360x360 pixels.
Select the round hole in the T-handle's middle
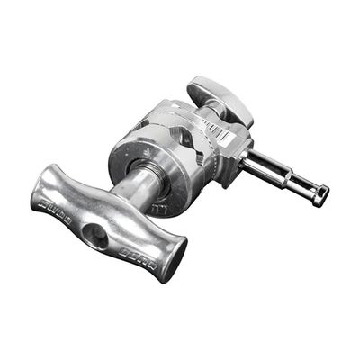[x=94, y=235]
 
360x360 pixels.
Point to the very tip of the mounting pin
[x=320, y=197]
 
